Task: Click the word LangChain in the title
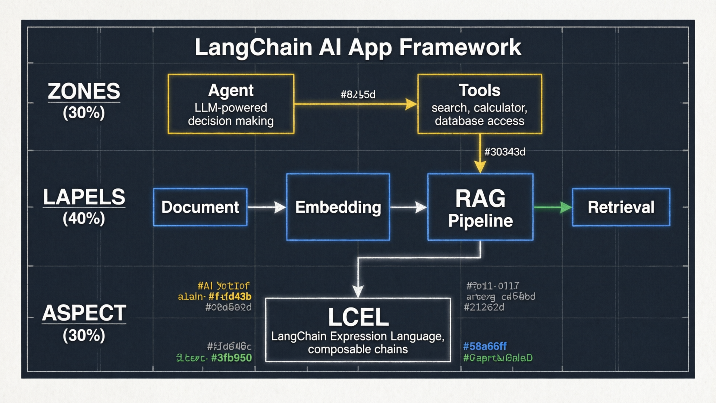253,48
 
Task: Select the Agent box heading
231,90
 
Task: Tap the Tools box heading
479,90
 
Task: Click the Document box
200,207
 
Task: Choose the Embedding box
338,207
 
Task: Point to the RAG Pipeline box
480,207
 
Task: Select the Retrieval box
621,207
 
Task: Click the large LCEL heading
358,317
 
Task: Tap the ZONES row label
84,91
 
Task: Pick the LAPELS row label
84,197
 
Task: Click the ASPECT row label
84,313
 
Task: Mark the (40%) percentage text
84,219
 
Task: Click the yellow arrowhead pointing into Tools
411,104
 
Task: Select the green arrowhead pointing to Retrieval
566,207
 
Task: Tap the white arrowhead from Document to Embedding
280,207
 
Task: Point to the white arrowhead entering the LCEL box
358,291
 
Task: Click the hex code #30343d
505,152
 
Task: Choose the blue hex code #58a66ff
485,347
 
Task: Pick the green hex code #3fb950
231,358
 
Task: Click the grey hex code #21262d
484,307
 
